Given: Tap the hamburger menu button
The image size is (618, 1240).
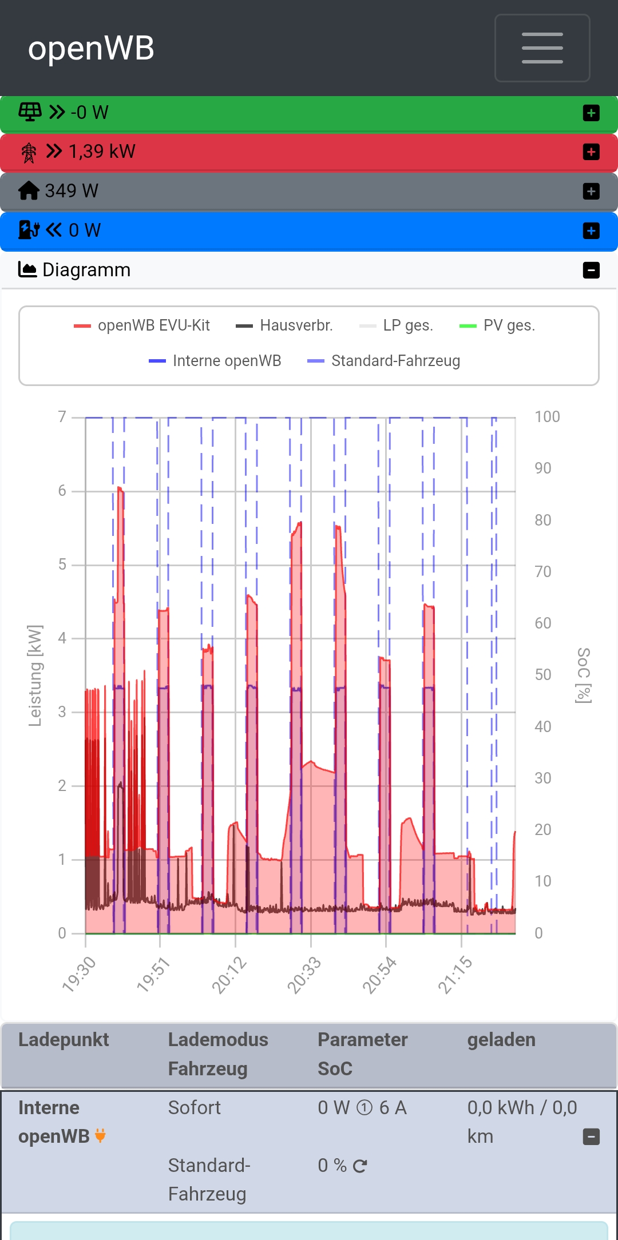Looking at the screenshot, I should pyautogui.click(x=542, y=48).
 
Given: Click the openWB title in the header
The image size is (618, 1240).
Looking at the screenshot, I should pyautogui.click(x=92, y=48).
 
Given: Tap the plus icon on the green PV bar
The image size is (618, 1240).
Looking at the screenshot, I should pyautogui.click(x=591, y=113).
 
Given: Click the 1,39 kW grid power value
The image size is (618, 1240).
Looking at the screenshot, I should pyautogui.click(x=102, y=152).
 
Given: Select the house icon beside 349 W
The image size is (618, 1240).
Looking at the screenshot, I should pyautogui.click(x=29, y=190).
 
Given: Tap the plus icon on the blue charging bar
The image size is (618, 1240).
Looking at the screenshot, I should pyautogui.click(x=591, y=230).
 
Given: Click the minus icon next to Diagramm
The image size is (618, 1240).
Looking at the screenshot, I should pyautogui.click(x=591, y=270).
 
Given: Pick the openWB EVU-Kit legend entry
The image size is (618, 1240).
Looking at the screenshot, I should pyautogui.click(x=142, y=325).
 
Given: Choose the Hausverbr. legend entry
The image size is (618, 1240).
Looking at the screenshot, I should pyautogui.click(x=284, y=325).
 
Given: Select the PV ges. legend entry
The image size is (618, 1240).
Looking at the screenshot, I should pyautogui.click(x=497, y=325).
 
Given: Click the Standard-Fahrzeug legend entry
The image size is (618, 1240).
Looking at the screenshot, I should pyautogui.click(x=384, y=361).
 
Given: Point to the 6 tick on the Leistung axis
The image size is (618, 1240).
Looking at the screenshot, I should pyautogui.click(x=62, y=491).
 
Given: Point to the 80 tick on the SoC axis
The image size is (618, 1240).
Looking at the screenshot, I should pyautogui.click(x=542, y=520).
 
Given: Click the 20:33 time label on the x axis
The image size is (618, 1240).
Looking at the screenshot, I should pyautogui.click(x=304, y=975).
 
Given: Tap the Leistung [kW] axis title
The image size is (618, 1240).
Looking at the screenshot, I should pyautogui.click(x=35, y=675).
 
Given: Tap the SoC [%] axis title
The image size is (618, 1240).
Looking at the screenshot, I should pyautogui.click(x=583, y=675).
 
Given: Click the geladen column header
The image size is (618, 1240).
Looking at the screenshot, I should pyautogui.click(x=501, y=1040).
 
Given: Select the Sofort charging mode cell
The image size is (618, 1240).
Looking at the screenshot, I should pyautogui.click(x=194, y=1108).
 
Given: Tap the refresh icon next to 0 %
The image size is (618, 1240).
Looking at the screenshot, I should pyautogui.click(x=360, y=1166).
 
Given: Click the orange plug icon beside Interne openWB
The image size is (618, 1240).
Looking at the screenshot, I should pyautogui.click(x=100, y=1136).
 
